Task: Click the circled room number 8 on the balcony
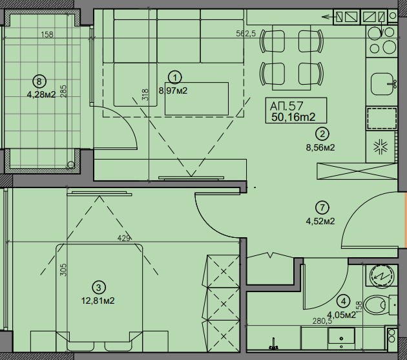coord(39,81)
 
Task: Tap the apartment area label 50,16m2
coord(293,117)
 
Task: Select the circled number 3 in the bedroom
coord(99,288)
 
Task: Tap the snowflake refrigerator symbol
coord(381,147)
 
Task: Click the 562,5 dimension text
coord(245,33)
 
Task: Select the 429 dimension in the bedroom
coord(123,238)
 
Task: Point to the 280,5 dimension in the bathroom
coord(322,321)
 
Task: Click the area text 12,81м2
coord(98,301)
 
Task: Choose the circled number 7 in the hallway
coord(322,207)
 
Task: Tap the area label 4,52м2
coord(320,221)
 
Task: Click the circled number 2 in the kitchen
coord(322,134)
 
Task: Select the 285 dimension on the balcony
coord(63,91)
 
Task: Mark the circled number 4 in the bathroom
coord(344,302)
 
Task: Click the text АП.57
coord(287,106)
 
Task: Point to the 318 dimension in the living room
coord(145,94)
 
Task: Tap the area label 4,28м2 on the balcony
coord(41,94)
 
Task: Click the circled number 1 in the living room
coord(175,78)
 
